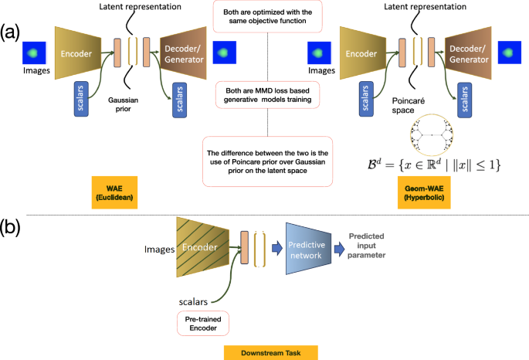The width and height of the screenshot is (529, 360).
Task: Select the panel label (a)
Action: pyautogui.click(x=12, y=32)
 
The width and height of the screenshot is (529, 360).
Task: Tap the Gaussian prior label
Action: pyautogui.click(x=131, y=105)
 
